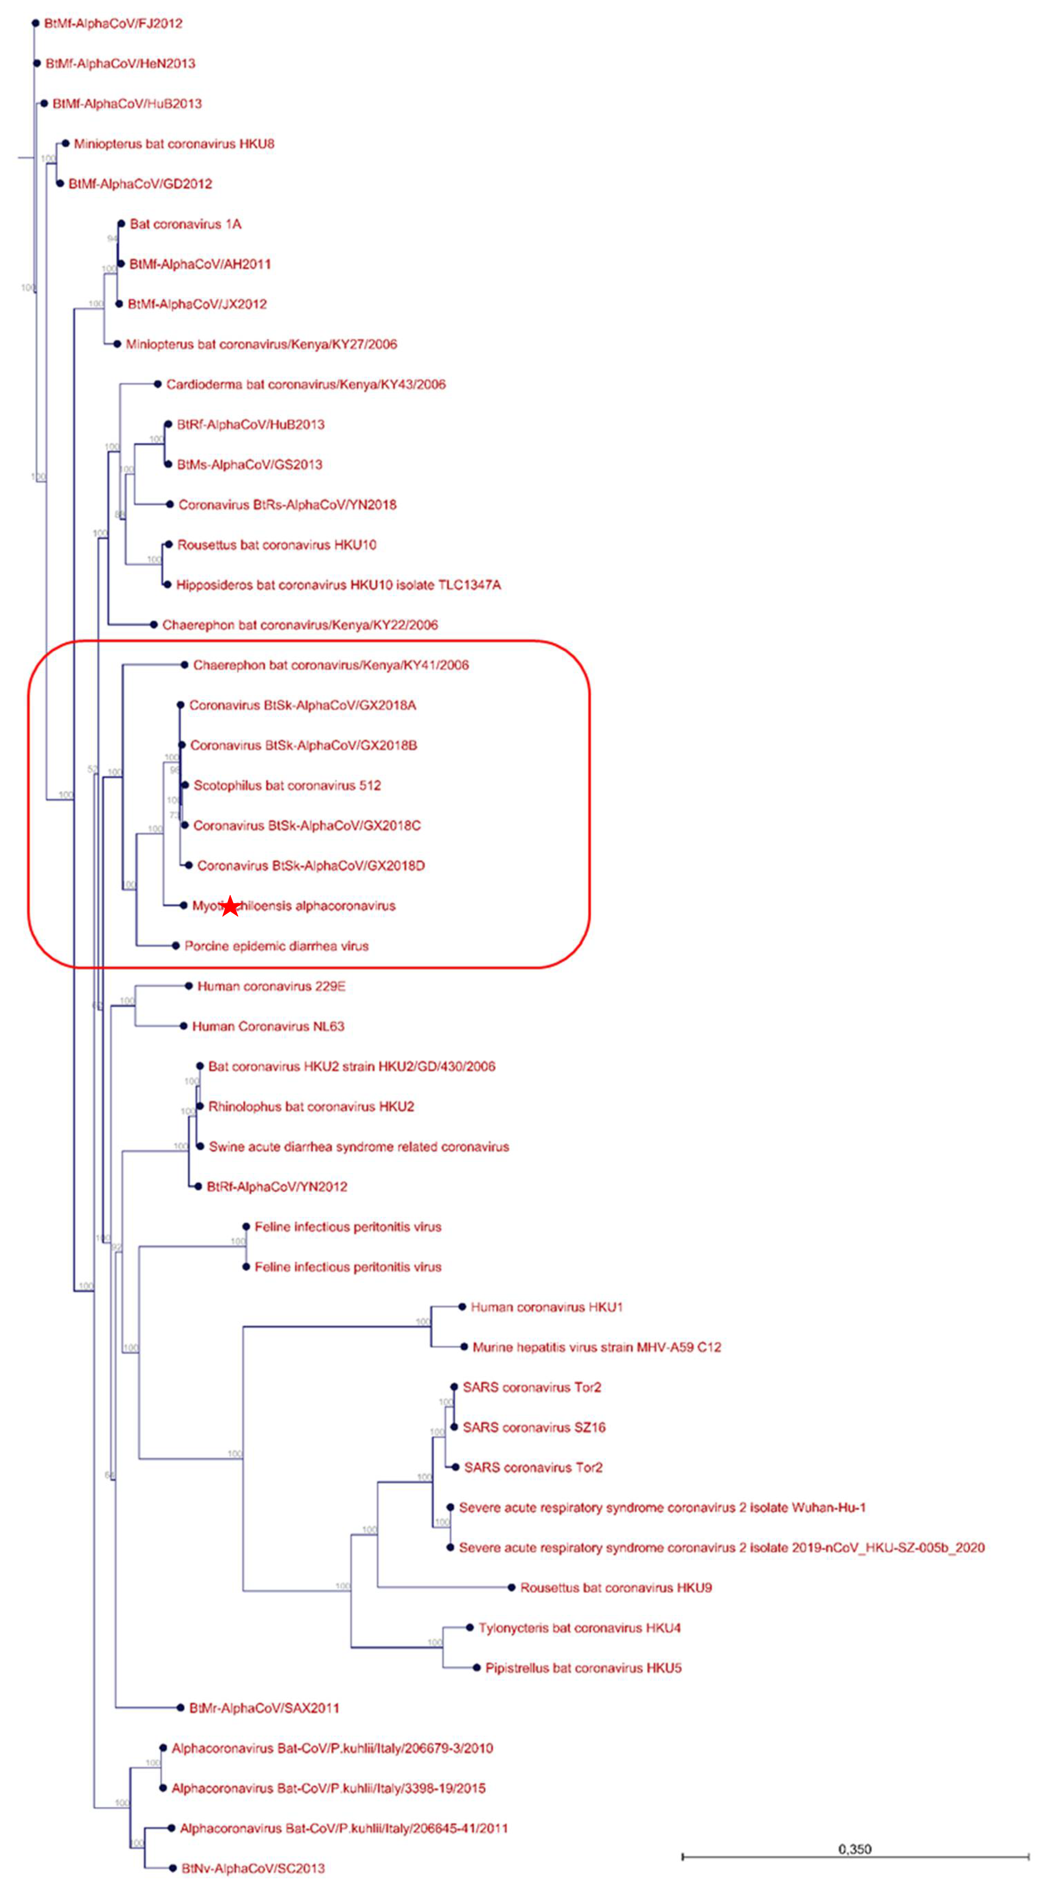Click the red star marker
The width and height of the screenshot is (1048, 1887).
(x=230, y=906)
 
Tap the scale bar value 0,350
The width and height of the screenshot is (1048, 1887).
(x=854, y=1849)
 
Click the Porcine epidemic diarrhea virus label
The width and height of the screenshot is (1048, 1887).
(x=276, y=946)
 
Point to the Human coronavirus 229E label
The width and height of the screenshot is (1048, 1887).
(x=271, y=986)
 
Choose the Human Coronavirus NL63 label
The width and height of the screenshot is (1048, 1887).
(x=268, y=1026)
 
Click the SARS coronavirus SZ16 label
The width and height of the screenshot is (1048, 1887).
(x=534, y=1427)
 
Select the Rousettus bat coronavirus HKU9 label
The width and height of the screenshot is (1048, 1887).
(x=615, y=1588)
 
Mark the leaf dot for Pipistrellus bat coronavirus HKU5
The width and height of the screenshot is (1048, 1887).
(x=477, y=1668)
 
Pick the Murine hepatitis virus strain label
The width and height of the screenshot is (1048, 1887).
(x=597, y=1347)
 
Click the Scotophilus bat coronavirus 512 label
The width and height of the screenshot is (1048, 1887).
(x=287, y=785)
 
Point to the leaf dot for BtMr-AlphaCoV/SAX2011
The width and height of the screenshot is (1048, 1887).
(x=181, y=1708)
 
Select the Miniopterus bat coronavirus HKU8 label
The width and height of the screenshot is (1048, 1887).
(x=174, y=144)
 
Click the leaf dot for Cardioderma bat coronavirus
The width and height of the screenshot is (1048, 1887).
(x=158, y=384)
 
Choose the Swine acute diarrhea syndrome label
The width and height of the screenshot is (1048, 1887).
(x=358, y=1146)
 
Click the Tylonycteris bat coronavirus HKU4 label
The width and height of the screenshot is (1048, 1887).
(x=579, y=1628)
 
